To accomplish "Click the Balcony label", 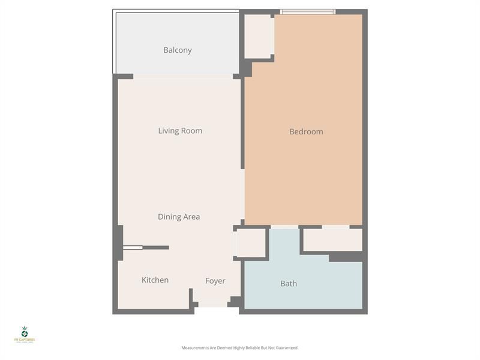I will [178, 50].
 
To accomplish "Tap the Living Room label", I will [180, 131].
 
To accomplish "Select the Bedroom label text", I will [306, 132].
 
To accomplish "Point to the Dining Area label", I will [179, 217].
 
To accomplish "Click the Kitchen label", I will [155, 280].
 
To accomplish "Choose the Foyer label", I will [215, 281].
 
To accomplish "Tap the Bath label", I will [289, 284].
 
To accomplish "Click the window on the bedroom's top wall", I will [308, 11].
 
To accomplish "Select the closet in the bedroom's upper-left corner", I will [258, 36].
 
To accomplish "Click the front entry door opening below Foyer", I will [213, 305].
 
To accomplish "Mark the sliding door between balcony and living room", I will [182, 76].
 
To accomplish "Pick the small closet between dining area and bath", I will [251, 243].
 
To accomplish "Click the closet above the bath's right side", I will [332, 240].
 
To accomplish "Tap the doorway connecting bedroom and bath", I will [284, 227].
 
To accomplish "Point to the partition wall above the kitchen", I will [147, 247].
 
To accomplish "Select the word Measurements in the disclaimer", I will [194, 348].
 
